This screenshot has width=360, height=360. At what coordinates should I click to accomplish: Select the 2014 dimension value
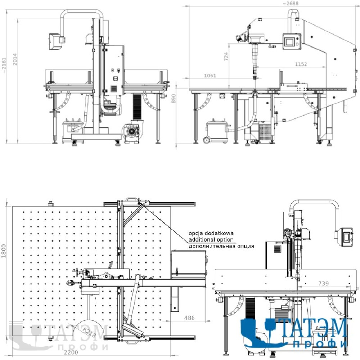15,59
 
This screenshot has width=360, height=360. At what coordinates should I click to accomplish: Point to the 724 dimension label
226,57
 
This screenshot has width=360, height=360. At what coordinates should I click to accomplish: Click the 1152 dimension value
301,64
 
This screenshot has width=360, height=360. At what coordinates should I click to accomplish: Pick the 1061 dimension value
210,76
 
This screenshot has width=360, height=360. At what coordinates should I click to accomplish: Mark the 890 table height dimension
174,99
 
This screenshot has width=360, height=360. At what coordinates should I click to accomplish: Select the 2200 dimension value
71,352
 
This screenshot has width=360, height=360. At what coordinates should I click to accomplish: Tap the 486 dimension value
189,318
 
